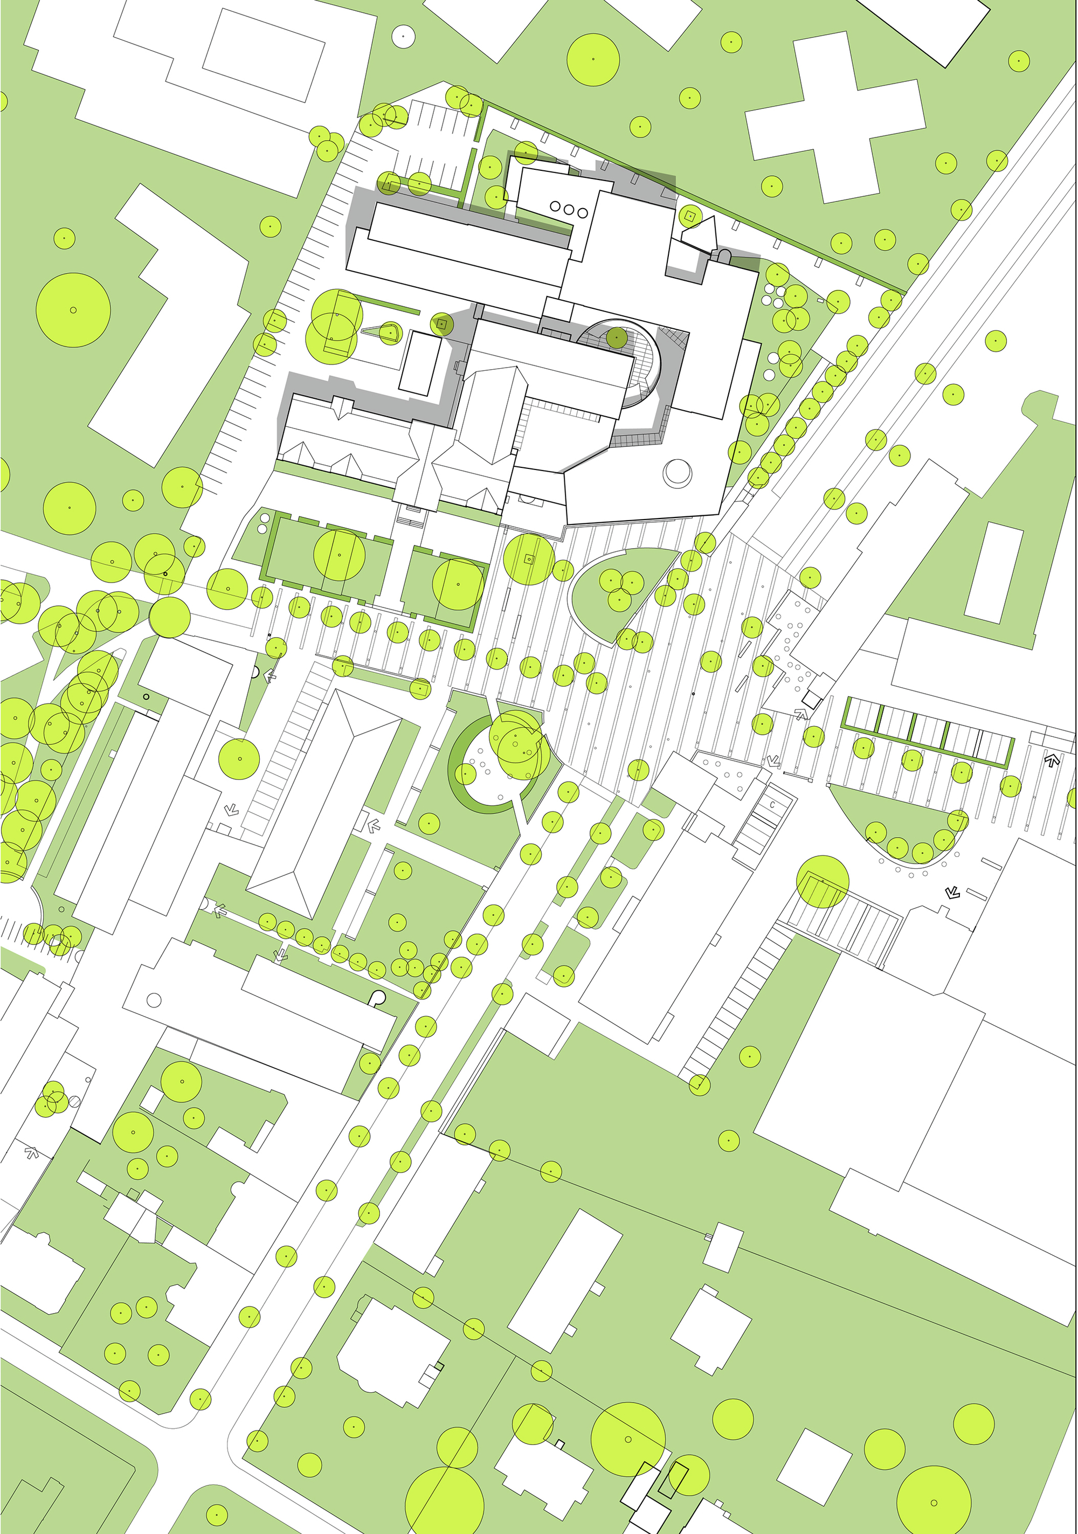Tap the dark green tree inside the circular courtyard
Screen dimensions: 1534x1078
pos(616,337)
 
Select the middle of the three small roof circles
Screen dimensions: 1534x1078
pos(568,209)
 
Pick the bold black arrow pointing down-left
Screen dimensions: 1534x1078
pos(952,892)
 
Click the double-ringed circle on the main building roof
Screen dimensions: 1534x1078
pos(677,472)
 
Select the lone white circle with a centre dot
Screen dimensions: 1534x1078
pos(403,36)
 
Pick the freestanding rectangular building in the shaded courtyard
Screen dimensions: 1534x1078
pos(420,364)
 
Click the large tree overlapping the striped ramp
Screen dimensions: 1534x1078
pos(822,882)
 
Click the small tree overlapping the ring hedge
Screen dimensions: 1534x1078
pos(465,773)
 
